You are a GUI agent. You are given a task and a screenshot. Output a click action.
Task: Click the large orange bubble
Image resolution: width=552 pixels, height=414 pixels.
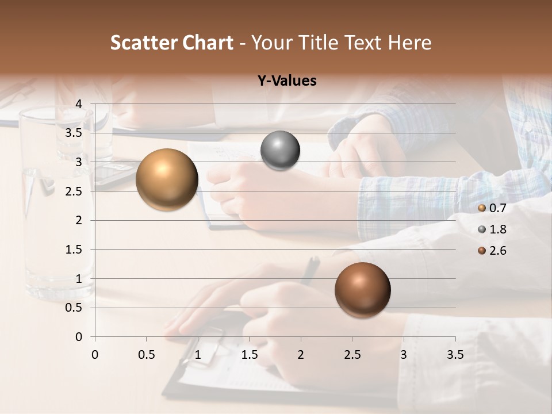(x=167, y=179)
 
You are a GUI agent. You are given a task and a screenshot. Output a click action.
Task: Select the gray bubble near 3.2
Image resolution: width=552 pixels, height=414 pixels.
(x=280, y=151)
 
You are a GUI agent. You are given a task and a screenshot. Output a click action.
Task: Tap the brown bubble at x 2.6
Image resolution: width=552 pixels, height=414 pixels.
(x=362, y=290)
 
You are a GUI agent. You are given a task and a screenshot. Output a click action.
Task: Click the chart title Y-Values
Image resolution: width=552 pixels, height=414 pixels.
(x=286, y=81)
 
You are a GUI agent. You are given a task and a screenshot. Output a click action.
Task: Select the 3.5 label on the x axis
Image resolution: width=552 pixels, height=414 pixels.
(x=455, y=355)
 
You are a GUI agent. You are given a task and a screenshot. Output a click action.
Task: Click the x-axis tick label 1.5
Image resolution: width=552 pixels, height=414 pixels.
(x=249, y=355)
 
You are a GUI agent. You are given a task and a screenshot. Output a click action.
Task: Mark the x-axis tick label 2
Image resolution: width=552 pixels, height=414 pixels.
(x=301, y=355)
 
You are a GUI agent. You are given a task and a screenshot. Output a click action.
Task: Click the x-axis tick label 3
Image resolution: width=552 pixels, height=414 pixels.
(x=404, y=355)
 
